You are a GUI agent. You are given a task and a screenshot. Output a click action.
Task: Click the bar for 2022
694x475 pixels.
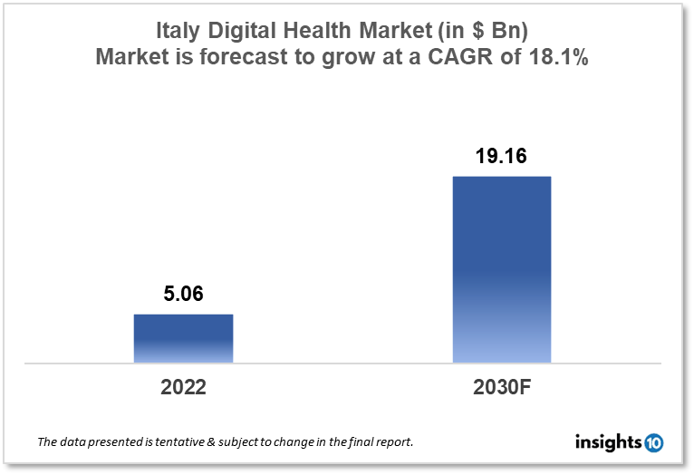184,338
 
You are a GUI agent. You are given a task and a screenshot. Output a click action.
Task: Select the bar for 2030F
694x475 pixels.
501,269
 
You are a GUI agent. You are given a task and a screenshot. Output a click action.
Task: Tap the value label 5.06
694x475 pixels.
184,295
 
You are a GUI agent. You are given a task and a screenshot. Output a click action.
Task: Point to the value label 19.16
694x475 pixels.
501,156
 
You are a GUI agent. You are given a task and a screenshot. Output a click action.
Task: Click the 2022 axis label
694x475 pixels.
184,388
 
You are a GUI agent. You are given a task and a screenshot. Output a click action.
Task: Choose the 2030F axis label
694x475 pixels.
501,388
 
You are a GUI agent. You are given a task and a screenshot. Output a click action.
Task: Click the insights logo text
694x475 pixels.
608,442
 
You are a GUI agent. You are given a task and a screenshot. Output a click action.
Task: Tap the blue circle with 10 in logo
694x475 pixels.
653,443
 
